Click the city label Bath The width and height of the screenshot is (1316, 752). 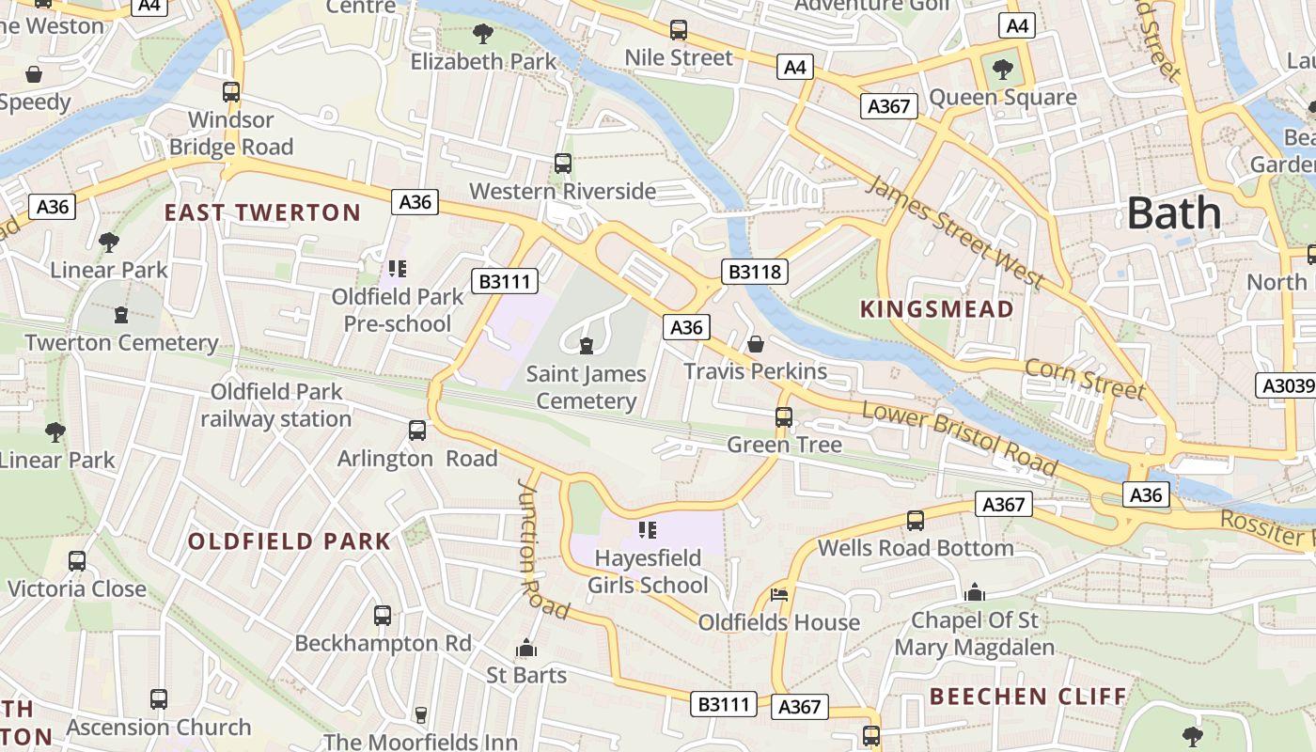pos(1174,213)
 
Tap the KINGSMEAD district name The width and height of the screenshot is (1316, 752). pos(937,309)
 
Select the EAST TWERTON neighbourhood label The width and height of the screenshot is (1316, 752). pos(262,212)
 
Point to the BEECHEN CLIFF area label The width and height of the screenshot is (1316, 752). pos(1027,697)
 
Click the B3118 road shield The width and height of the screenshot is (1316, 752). pos(754,273)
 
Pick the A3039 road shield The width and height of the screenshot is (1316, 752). pos(1286,385)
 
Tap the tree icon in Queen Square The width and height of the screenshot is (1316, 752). pos(1002,69)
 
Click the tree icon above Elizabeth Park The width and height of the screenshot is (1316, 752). pos(483,34)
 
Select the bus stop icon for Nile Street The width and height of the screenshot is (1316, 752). pos(679,30)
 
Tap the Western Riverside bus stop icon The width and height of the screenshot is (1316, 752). pos(562,164)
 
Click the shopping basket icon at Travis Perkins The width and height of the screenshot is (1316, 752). pos(755,344)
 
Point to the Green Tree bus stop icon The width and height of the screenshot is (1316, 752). pos(784,416)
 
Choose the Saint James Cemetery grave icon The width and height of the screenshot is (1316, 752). pos(587,346)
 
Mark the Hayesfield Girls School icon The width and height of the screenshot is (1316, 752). pos(647,530)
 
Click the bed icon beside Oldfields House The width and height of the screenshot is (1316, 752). pos(779,594)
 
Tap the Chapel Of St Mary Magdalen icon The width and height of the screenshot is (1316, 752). pos(975,592)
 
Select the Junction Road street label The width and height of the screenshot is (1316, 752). pos(542,549)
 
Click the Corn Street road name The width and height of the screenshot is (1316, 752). pos(1085,379)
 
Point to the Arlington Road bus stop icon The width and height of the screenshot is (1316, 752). pos(417,431)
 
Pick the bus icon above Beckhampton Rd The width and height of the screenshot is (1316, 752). pos(383,616)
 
